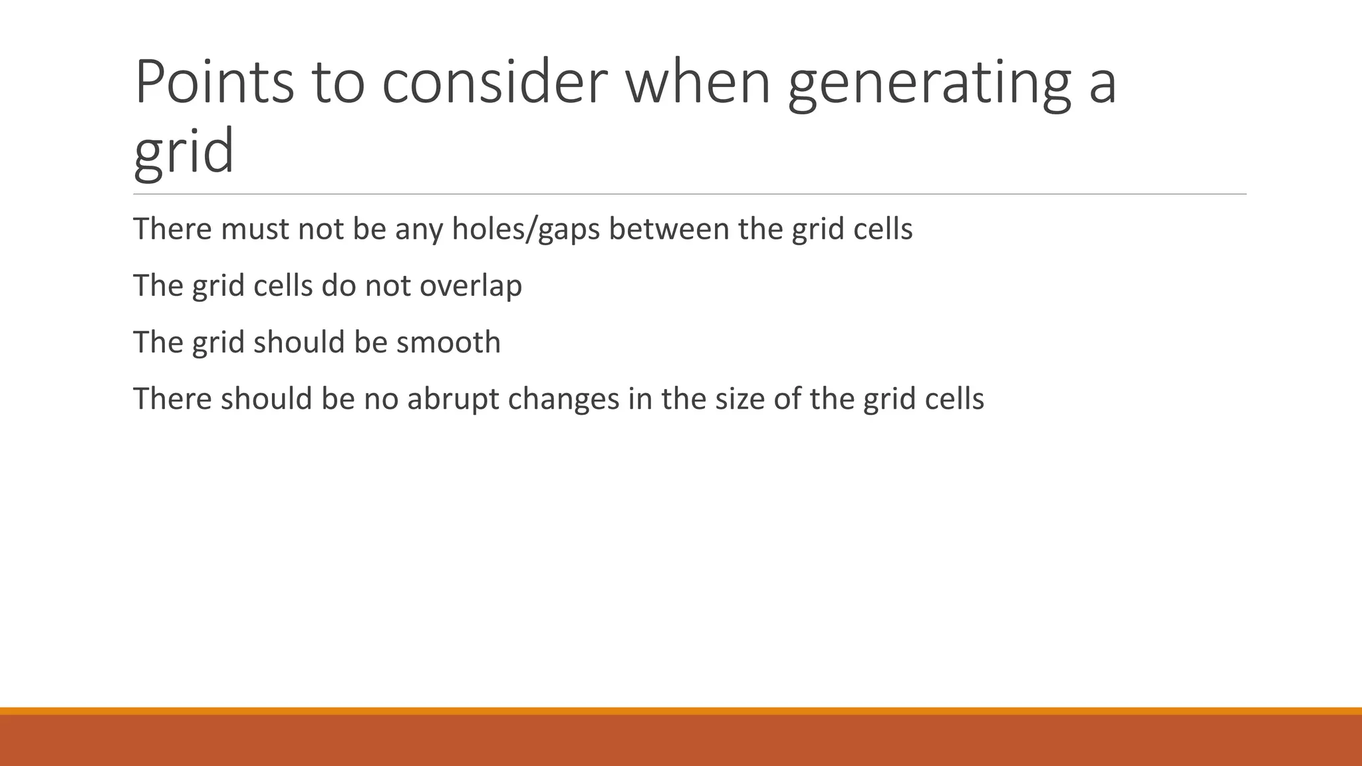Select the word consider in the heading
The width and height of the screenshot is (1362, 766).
(x=494, y=82)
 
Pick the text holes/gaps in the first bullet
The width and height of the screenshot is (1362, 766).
(x=525, y=229)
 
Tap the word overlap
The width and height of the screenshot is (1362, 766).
(x=470, y=286)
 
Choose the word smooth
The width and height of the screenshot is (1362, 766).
(x=448, y=342)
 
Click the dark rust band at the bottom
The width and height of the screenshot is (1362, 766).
(x=681, y=741)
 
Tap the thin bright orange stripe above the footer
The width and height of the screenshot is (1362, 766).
(x=681, y=711)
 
